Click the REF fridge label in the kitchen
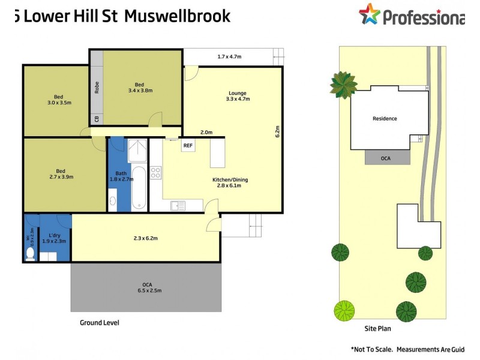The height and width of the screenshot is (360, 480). click(188, 146)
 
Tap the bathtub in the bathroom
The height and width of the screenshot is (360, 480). click(138, 189)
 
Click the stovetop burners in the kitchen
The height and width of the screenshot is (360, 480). click(155, 173)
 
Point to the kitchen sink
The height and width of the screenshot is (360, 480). click(178, 206)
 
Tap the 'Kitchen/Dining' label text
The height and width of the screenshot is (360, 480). click(230, 180)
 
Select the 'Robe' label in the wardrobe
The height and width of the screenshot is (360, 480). click(97, 88)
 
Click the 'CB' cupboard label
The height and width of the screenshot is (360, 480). click(97, 118)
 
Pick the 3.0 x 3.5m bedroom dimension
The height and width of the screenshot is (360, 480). click(59, 103)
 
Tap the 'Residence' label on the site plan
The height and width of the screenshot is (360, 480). click(385, 118)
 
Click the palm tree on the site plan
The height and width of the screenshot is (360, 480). click(343, 85)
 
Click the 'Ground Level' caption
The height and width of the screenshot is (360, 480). click(100, 323)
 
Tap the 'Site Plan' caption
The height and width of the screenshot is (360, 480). click(378, 329)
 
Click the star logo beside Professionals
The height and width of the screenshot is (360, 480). click(369, 14)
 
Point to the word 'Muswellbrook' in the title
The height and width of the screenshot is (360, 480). click(177, 16)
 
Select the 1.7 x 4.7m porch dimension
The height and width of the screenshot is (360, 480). click(229, 57)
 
